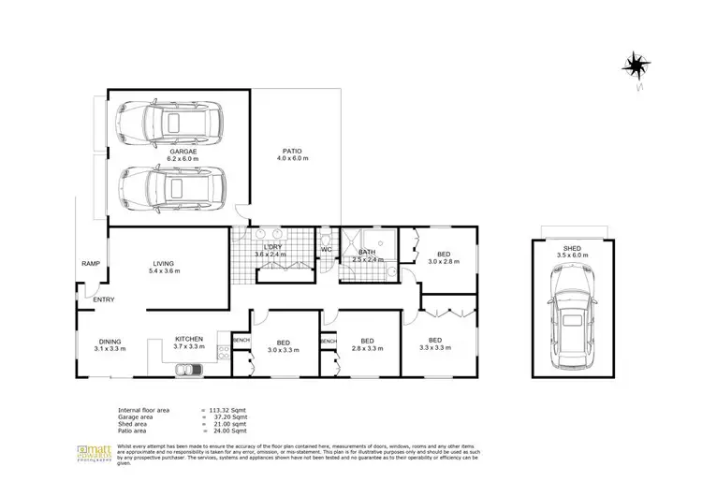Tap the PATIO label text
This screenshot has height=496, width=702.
(x=293, y=151)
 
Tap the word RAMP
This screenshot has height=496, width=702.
(x=91, y=263)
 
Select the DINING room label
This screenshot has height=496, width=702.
(x=110, y=341)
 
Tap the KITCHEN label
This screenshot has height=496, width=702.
(x=188, y=341)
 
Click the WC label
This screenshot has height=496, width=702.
(x=327, y=250)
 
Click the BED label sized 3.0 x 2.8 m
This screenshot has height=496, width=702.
(x=444, y=254)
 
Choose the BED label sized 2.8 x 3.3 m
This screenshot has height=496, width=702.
(x=367, y=341)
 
